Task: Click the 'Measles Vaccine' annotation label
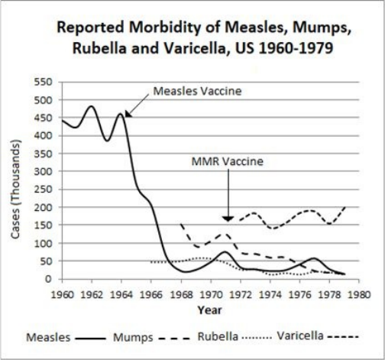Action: [x=197, y=91]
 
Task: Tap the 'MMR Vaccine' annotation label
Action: [x=228, y=161]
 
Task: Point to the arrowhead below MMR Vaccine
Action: [x=228, y=219]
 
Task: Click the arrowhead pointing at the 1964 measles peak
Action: [x=128, y=114]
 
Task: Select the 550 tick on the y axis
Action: [x=43, y=83]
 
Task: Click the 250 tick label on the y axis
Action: [x=43, y=190]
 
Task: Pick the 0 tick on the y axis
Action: [x=48, y=279]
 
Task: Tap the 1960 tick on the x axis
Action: [x=63, y=295]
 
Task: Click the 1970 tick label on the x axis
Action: [x=211, y=295]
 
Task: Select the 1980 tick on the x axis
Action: [x=359, y=295]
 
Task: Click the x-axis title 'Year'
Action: [x=210, y=310]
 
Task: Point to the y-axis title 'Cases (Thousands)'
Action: [x=15, y=189]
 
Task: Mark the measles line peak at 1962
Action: [x=92, y=106]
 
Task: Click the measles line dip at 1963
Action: [x=107, y=141]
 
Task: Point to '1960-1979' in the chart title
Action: [x=296, y=48]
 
